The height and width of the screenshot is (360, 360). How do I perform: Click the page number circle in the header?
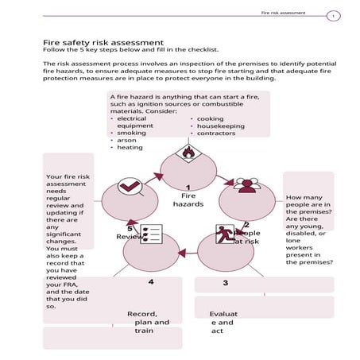335,15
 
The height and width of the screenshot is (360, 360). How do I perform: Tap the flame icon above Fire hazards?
188,152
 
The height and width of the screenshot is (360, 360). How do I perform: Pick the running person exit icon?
226,235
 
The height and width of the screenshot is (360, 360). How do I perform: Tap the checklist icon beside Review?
151,234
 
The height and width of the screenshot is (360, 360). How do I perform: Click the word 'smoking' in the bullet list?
131,133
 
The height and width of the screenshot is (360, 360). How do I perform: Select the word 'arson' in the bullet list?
126,140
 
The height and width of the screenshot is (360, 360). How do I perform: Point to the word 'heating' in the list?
130,148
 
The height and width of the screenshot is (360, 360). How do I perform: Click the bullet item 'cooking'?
208,118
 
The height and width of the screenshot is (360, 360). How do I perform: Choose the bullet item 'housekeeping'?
219,126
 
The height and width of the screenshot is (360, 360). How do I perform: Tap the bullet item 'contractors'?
216,133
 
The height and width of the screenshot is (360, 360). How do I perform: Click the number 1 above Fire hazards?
188,187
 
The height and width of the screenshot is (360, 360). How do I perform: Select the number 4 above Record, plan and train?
150,282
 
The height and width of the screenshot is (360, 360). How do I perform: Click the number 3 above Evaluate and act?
226,283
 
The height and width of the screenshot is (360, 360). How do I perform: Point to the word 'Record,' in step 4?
142,313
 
